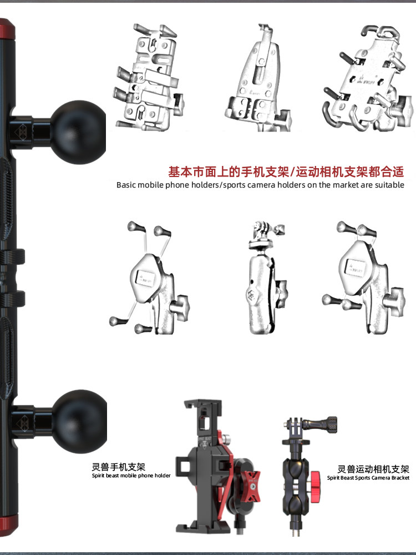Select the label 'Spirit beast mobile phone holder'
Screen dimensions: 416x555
[x=131, y=476]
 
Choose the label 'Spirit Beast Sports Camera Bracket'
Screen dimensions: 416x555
[x=368, y=478]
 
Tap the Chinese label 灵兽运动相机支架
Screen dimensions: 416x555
[x=373, y=468]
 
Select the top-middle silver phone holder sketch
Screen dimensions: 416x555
[x=256, y=80]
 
